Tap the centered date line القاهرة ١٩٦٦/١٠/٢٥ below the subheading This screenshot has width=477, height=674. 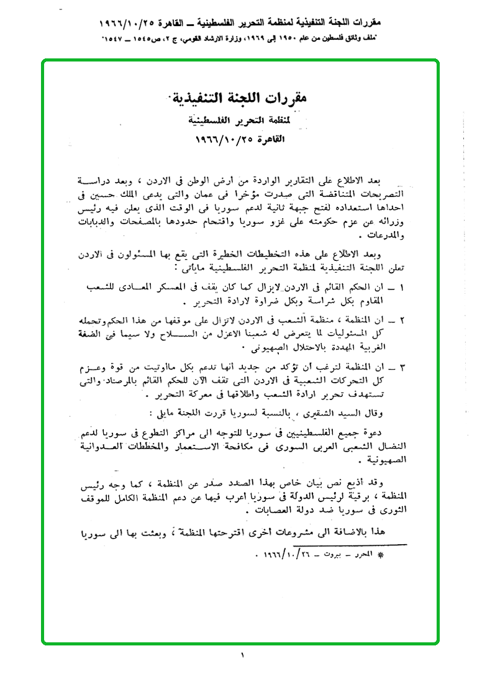238,137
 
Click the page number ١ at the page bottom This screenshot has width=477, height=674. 242,655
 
